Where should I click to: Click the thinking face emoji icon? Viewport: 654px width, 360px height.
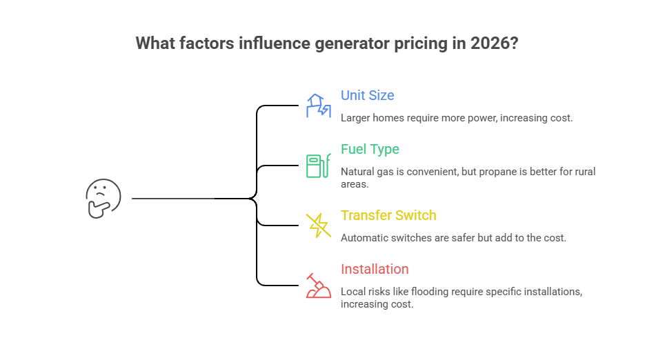click(103, 199)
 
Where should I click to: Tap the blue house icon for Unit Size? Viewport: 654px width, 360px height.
click(318, 106)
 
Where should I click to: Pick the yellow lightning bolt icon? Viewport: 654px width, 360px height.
click(318, 225)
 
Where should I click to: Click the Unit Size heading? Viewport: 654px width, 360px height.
click(368, 95)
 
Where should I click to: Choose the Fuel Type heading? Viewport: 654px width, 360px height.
click(370, 149)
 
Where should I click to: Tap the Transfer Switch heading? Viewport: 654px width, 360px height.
click(388, 215)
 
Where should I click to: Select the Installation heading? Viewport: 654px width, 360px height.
click(375, 269)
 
